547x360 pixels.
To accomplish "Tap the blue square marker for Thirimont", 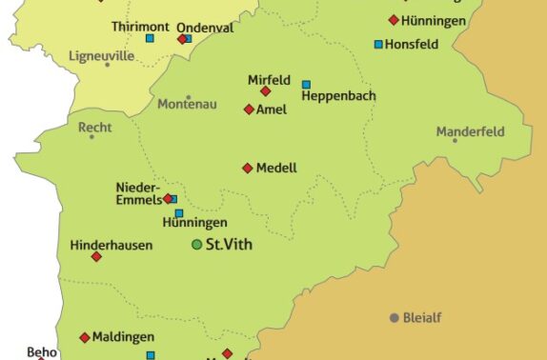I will [x=150, y=38].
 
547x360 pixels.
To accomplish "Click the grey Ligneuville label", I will [x=102, y=56].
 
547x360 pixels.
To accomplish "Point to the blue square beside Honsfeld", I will [x=378, y=45].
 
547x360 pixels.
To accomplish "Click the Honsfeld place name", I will [x=414, y=44].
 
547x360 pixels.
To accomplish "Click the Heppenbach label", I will [x=338, y=96].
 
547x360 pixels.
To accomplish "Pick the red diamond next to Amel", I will [x=249, y=110].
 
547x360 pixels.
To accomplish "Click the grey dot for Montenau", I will [x=189, y=97].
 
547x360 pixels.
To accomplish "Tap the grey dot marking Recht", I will [x=91, y=136].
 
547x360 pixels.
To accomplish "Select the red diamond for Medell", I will [x=247, y=169].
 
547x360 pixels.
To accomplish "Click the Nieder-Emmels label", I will [x=137, y=192].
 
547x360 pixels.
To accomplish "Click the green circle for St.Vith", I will [x=197, y=245].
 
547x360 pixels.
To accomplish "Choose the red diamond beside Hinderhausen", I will [x=96, y=256].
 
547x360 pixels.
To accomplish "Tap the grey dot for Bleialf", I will [x=394, y=317].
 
